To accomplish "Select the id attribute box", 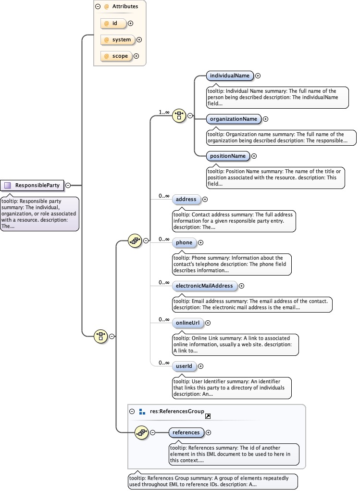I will click(x=113, y=23).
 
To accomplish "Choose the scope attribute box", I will click(x=116, y=56).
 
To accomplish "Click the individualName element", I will click(x=229, y=76).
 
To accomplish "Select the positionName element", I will click(x=228, y=156).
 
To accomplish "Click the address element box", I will click(x=186, y=199).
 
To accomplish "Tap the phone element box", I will click(x=184, y=243).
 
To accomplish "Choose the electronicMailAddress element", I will click(x=204, y=286).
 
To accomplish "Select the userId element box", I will click(x=184, y=366).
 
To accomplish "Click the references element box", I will click(x=186, y=432).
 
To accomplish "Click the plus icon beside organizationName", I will click(x=266, y=119).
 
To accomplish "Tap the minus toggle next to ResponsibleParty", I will click(x=68, y=185).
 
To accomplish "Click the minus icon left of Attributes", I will click(x=98, y=7).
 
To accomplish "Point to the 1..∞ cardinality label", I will click(x=164, y=112).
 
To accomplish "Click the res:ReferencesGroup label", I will click(x=176, y=412).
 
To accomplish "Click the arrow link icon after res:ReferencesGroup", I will click(x=208, y=416).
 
